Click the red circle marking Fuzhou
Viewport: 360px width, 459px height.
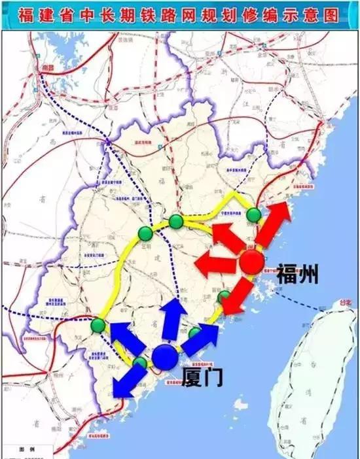coord(251,262)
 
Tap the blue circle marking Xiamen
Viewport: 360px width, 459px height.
coord(165,357)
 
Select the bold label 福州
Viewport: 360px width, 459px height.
coord(297,273)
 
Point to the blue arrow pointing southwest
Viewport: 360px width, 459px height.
coord(127,381)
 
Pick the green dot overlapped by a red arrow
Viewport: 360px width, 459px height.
coord(225,297)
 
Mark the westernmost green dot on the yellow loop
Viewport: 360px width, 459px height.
coord(98,325)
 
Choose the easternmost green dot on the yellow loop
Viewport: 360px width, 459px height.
coord(254,214)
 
